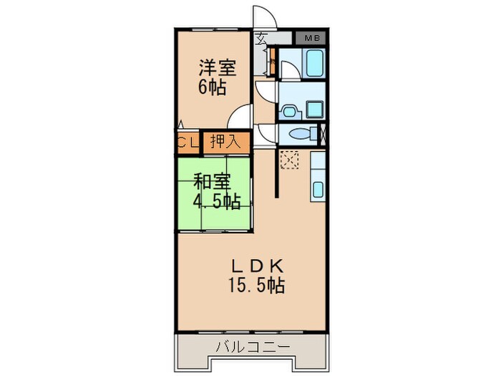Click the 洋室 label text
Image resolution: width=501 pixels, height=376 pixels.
pos(218,69)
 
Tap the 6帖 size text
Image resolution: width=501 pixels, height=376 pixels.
pos(212,87)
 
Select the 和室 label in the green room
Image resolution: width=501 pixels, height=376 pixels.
pos(211,183)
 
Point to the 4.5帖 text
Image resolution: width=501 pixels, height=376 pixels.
pos(216,201)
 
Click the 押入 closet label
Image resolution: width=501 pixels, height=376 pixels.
pos(226,142)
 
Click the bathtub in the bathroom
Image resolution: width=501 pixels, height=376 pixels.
pos(313,64)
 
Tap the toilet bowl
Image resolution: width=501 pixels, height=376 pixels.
pos(298,134)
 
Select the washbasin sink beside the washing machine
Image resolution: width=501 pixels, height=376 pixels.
pos(288,110)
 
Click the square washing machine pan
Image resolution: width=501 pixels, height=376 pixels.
pos(315,109)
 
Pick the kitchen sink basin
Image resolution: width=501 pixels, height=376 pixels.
pos(318,190)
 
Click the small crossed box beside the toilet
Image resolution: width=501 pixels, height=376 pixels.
pos(323,134)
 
